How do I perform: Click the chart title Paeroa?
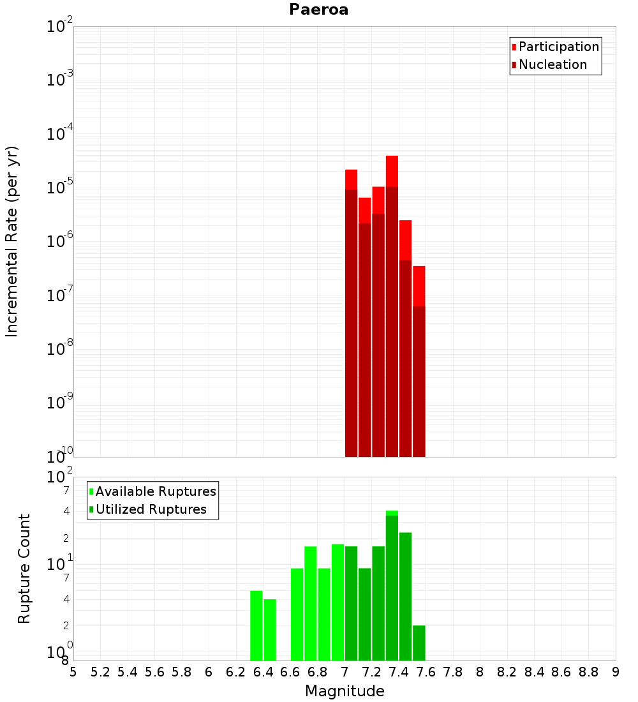(318, 10)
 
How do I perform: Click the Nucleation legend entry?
(553, 64)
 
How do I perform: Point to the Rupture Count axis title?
(24, 569)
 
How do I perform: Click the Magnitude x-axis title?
(345, 691)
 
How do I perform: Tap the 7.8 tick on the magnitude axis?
(453, 672)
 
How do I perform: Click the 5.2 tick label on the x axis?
(100, 672)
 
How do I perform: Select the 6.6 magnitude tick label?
(290, 672)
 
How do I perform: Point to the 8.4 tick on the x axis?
(535, 672)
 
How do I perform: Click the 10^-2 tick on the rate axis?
(60, 27)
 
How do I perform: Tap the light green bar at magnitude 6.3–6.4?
(256, 625)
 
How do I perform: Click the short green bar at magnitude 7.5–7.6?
(419, 643)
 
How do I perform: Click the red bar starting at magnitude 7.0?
(351, 313)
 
